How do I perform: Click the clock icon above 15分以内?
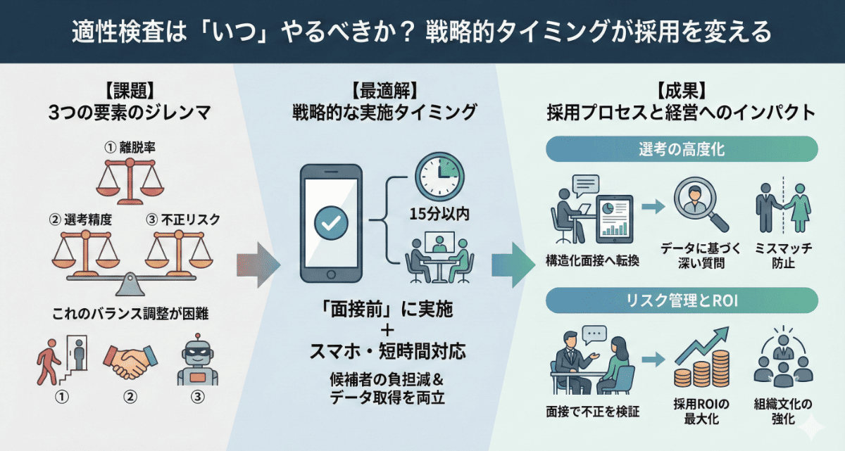click(440, 176)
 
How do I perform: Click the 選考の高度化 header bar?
click(682, 150)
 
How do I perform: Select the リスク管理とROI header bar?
click(682, 301)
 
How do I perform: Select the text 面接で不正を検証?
click(593, 411)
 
